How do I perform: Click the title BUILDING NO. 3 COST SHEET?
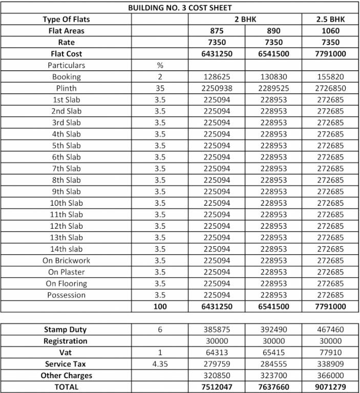tap(180, 8)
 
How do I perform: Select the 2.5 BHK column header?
tap(330, 19)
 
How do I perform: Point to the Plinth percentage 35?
tap(160, 88)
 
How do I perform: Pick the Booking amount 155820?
tap(330, 77)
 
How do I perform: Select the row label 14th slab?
tap(66, 249)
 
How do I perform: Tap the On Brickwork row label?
tap(66, 260)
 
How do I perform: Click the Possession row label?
tap(66, 295)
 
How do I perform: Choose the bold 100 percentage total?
tap(160, 307)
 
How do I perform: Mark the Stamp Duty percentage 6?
tap(160, 330)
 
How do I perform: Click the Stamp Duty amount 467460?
tap(330, 330)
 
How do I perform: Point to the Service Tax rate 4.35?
tap(160, 364)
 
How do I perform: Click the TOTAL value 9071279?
tap(330, 387)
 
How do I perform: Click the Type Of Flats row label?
tap(66, 19)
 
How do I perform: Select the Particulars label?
tap(66, 65)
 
